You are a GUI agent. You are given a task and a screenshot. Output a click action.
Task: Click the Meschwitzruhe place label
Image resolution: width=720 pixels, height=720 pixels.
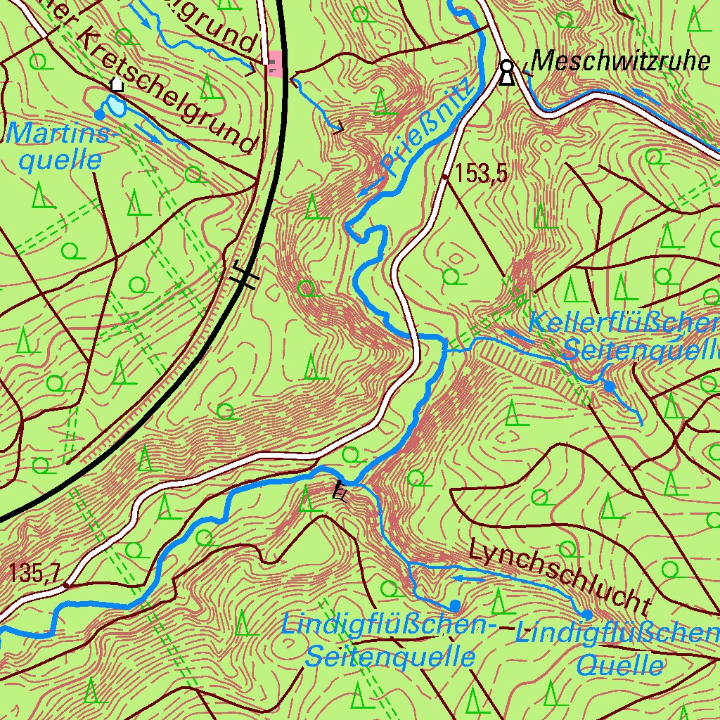pyautogui.click(x=619, y=62)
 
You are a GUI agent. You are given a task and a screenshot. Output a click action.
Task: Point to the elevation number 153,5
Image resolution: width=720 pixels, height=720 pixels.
pyautogui.click(x=481, y=174)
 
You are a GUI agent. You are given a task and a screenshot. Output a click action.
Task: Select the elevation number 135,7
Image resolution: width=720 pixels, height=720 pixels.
pyautogui.click(x=34, y=574)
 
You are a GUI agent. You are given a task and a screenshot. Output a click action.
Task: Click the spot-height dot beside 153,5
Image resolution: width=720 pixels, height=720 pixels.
pyautogui.click(x=445, y=178)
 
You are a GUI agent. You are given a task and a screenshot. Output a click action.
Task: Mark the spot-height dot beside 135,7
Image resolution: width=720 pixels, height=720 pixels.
pyautogui.click(x=66, y=584)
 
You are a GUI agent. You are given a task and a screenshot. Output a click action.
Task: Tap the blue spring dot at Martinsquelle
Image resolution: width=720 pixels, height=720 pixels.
pyautogui.click(x=100, y=114)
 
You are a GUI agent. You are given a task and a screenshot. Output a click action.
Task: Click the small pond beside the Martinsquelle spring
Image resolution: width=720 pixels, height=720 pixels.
pyautogui.click(x=116, y=106)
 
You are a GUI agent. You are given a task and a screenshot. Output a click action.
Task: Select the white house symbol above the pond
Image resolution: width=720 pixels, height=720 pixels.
pyautogui.click(x=117, y=84)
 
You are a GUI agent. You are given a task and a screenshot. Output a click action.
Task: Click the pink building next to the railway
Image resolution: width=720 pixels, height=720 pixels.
pyautogui.click(x=275, y=64)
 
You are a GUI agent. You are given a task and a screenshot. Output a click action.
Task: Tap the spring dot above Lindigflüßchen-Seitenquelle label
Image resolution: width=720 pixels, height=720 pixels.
pyautogui.click(x=455, y=605)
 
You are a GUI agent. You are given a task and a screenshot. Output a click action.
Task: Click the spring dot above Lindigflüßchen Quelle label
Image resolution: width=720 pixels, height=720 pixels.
pyautogui.click(x=587, y=615)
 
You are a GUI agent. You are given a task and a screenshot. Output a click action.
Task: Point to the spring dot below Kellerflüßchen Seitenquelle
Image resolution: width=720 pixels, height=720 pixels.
pyautogui.click(x=609, y=386)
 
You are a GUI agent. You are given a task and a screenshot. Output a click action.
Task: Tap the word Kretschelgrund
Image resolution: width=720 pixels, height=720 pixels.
pyautogui.click(x=169, y=91)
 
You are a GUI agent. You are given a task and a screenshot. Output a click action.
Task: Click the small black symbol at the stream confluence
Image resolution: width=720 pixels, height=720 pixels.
pyautogui.click(x=340, y=491)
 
